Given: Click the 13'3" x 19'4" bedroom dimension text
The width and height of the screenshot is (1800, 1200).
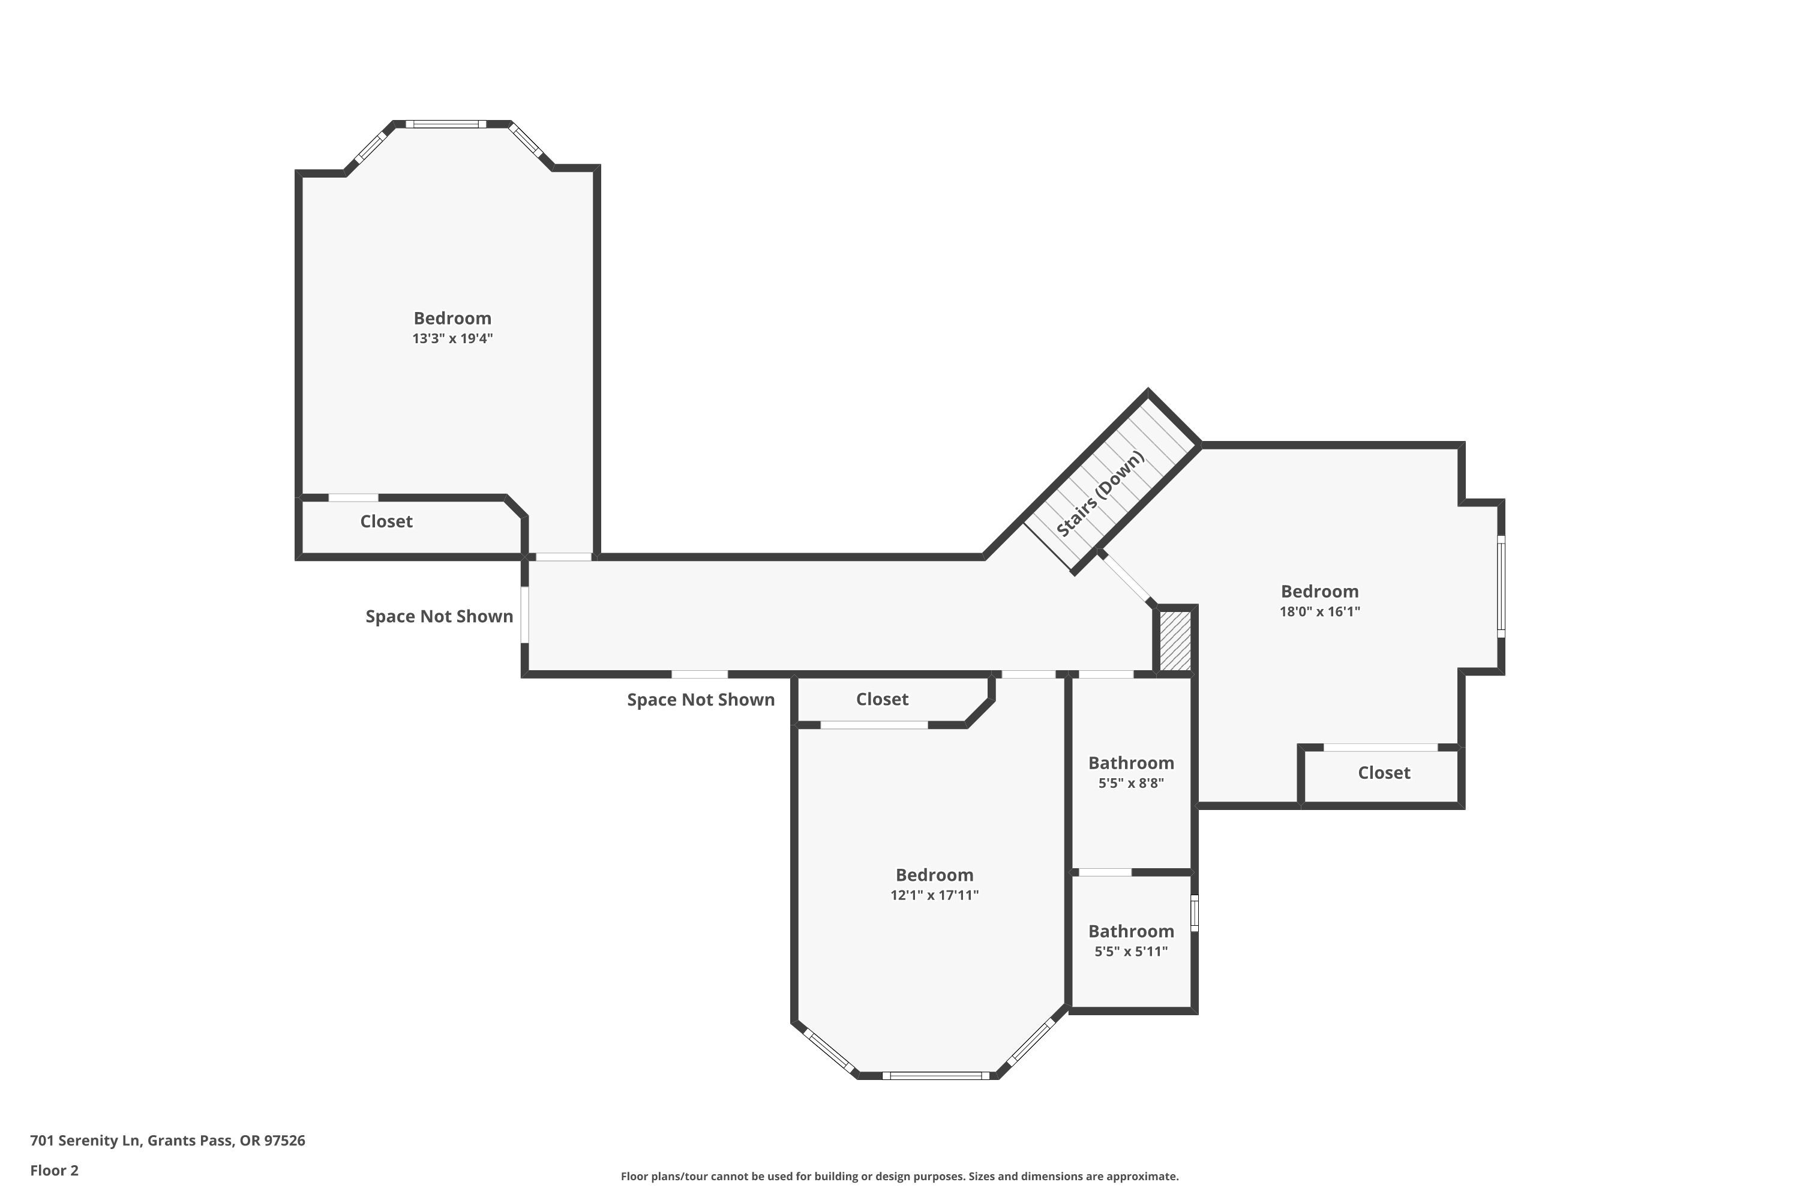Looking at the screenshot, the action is click(x=452, y=338).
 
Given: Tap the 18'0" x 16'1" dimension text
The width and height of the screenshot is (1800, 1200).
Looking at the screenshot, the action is click(x=1319, y=611).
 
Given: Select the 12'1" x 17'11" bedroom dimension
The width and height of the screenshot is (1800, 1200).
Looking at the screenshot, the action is click(x=934, y=895).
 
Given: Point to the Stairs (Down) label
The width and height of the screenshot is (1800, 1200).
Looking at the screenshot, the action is click(x=1100, y=494).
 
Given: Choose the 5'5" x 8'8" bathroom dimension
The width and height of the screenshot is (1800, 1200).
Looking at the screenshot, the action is click(x=1131, y=783).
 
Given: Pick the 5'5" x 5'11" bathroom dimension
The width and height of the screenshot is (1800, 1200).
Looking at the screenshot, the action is click(x=1131, y=951).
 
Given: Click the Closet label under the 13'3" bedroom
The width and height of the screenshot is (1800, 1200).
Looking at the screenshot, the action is click(x=386, y=521).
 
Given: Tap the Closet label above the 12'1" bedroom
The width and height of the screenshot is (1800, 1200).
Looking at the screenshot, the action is click(x=883, y=699).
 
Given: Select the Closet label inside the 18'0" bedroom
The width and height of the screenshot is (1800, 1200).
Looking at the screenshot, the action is click(x=1384, y=772).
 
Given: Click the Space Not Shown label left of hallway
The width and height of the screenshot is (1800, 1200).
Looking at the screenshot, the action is click(x=439, y=616).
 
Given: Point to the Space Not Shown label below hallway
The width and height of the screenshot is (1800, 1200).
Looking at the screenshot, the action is click(x=701, y=700).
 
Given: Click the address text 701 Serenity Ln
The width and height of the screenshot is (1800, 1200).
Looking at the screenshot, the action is click(x=85, y=1141).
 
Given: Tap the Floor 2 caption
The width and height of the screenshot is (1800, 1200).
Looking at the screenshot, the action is click(x=55, y=1170).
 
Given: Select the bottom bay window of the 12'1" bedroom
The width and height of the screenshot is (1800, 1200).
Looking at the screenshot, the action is click(x=935, y=1075).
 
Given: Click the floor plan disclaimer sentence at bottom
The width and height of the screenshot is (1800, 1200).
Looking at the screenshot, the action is click(x=899, y=1176).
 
